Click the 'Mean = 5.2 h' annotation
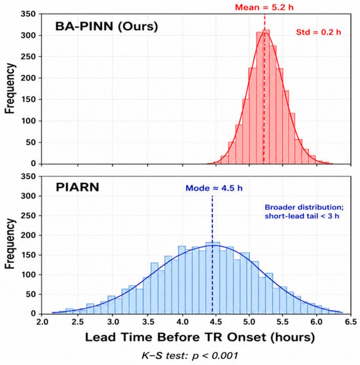click(264, 7)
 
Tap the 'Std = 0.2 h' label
click(318, 32)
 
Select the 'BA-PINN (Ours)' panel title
click(107, 26)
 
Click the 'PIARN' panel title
click(77, 187)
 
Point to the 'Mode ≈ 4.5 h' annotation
click(214, 188)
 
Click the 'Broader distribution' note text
click(304, 207)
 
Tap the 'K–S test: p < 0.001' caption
click(190, 356)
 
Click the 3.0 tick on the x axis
click(113, 322)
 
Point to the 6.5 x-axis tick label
click(351, 322)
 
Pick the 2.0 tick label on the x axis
click(43, 322)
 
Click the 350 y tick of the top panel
click(28, 14)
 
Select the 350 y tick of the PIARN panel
click(28, 176)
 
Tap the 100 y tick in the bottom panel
click(28, 275)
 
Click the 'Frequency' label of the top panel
click(10, 88)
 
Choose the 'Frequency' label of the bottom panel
click(10, 244)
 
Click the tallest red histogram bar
click(266, 96)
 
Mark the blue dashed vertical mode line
click(212, 255)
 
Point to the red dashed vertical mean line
click(264, 89)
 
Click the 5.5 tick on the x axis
click(283, 322)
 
